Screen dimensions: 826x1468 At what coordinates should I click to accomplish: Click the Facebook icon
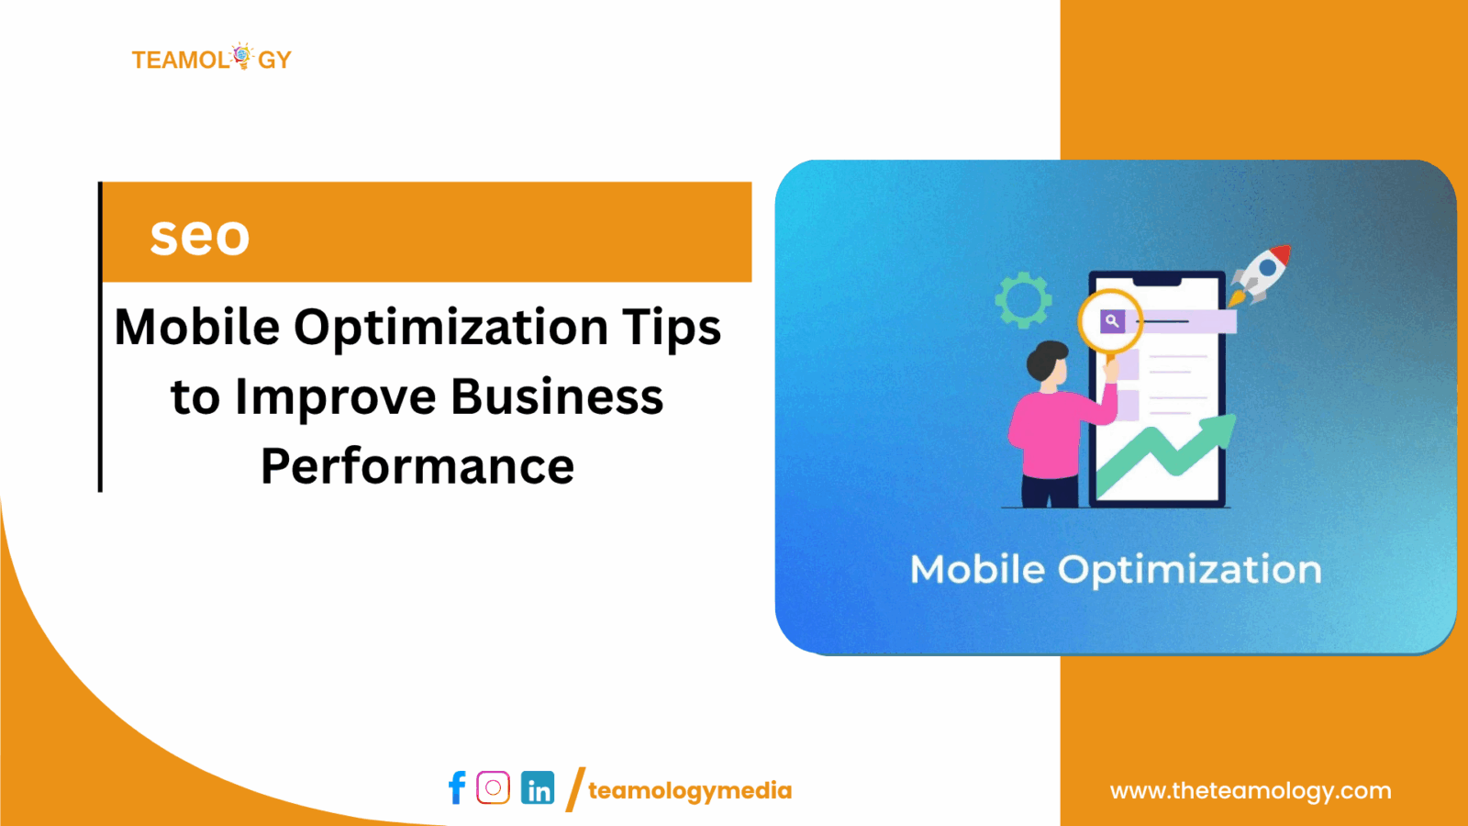point(457,787)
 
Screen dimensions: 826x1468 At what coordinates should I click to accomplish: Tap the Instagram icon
point(493,787)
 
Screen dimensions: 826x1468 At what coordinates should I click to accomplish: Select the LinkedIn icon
point(538,787)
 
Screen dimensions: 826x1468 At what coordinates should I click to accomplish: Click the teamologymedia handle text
point(689,790)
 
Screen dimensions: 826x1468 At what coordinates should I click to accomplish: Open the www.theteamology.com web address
point(1250,790)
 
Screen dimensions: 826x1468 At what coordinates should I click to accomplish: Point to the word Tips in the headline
point(672,328)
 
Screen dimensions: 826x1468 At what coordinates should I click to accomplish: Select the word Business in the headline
point(557,397)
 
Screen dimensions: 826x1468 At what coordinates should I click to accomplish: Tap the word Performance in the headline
point(417,466)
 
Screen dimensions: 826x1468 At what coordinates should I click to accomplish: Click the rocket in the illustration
point(1262,272)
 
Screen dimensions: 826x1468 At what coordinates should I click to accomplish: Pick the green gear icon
point(1023,299)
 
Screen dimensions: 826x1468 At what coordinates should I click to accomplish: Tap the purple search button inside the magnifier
point(1112,321)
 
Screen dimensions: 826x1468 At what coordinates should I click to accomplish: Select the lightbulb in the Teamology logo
point(242,56)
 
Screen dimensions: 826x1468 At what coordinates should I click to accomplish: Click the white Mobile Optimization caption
point(1115,570)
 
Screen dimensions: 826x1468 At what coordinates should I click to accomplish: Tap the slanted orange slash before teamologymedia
point(575,789)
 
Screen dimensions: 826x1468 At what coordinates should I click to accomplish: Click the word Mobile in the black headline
point(196,328)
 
